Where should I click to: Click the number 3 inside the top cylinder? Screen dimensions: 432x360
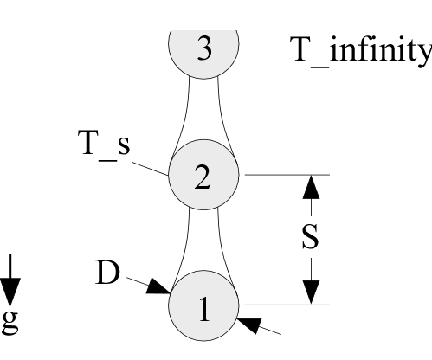204,48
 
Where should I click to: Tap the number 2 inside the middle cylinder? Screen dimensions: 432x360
203,177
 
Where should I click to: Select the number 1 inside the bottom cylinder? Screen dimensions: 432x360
204,309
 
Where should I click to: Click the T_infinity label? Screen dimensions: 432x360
361,50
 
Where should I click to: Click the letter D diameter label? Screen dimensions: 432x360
107,273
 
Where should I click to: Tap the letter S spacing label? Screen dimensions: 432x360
310,236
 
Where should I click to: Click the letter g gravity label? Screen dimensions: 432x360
10,323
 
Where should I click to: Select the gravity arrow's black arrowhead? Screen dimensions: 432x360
10,292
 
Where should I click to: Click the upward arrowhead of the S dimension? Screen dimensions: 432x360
311,187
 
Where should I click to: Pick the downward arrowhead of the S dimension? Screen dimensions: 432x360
311,292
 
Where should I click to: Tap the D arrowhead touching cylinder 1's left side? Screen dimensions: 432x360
158,286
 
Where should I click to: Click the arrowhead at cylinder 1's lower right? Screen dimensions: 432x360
249,326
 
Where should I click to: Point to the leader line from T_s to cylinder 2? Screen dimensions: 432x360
150,169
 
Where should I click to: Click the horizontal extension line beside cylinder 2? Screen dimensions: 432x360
287,175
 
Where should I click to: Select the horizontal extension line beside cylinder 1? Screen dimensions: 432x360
287,305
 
